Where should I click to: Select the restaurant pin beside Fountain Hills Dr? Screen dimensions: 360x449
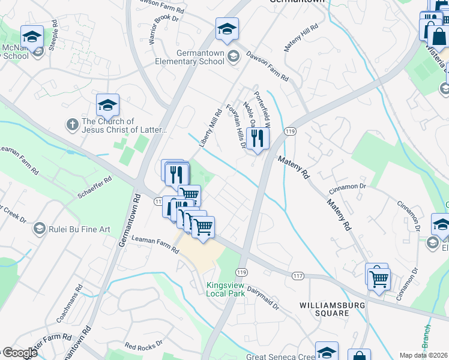[x=258, y=139]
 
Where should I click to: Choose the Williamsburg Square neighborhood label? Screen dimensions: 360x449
[x=324, y=309]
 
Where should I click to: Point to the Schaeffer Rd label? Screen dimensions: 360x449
[x=95, y=188]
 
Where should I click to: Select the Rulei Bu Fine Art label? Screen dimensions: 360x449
[x=79, y=229]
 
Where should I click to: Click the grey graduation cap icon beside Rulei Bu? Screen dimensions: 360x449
[x=39, y=228]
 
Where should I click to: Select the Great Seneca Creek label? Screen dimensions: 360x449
[x=281, y=356]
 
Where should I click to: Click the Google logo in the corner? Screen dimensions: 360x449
[x=20, y=353]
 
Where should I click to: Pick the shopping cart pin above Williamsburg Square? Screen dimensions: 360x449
[x=379, y=278]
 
